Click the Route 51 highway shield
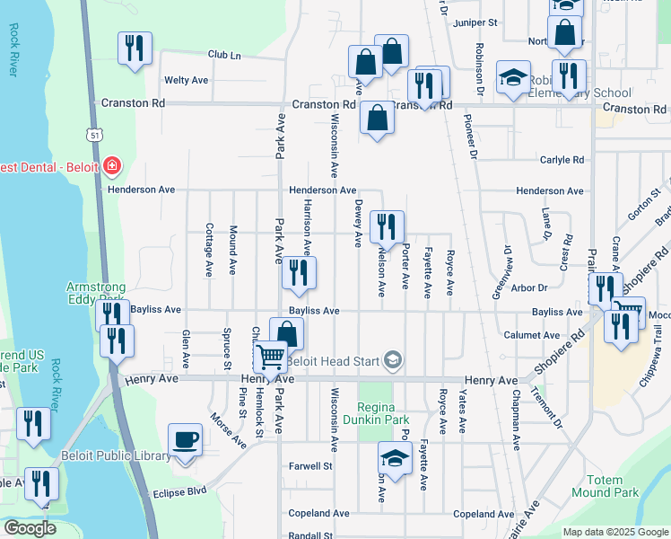[94, 134]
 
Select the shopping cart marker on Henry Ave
[270, 359]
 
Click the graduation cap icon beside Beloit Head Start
[392, 361]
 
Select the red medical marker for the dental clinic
[112, 166]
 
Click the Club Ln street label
[224, 55]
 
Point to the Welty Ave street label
[186, 80]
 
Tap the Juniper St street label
[475, 22]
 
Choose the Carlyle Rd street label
[562, 160]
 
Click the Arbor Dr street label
[528, 287]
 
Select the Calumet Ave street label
[533, 334]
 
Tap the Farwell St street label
[310, 466]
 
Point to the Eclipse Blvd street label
[179, 492]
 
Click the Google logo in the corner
[30, 528]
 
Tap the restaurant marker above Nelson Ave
[387, 225]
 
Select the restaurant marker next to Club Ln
[135, 48]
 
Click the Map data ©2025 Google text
[614, 532]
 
